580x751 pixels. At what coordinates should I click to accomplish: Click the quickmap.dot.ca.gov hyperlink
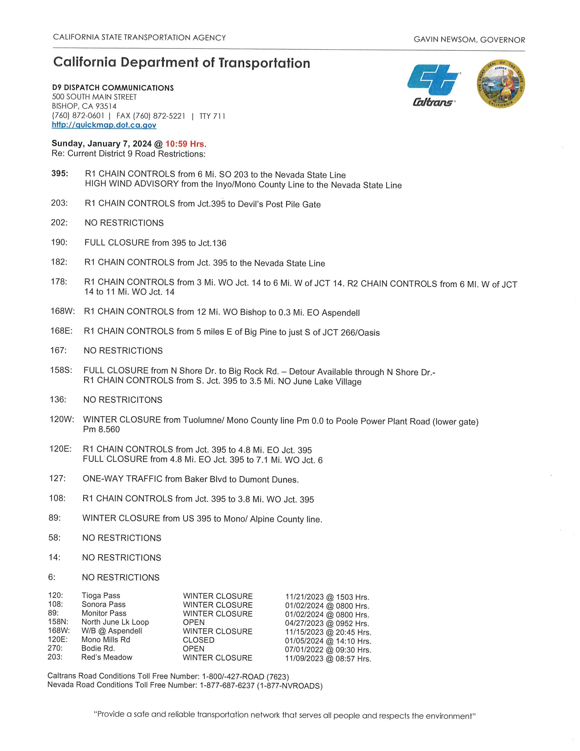click(104, 125)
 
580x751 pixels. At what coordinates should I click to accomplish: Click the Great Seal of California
click(501, 84)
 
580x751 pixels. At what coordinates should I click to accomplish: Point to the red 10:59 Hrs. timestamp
click(186, 144)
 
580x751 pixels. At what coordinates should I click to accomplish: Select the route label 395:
click(60, 174)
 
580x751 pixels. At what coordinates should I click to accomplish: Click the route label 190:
click(59, 242)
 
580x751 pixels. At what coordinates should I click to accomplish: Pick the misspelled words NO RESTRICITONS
click(123, 400)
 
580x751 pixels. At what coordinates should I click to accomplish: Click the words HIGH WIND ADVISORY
click(132, 184)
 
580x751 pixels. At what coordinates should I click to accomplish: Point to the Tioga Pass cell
click(101, 596)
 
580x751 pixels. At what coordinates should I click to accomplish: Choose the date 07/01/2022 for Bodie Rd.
click(305, 649)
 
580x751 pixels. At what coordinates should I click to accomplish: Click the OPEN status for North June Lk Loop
click(194, 623)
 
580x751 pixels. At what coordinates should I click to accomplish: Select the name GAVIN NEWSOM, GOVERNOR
click(469, 40)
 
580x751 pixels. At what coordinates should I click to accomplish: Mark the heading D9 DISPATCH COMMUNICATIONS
click(113, 88)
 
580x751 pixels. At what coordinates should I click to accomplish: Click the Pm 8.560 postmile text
click(101, 429)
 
